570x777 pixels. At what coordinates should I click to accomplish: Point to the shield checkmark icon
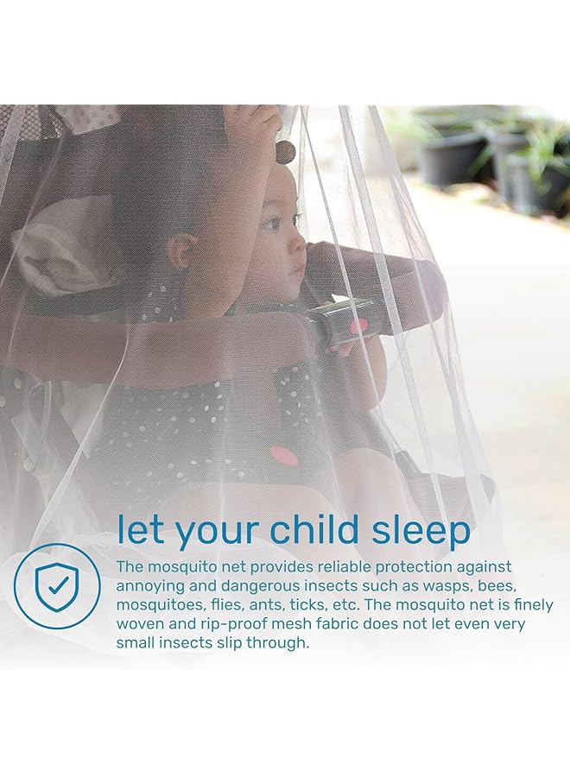pyautogui.click(x=57, y=586)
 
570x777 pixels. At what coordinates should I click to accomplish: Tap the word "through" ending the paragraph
pyautogui.click(x=279, y=642)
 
